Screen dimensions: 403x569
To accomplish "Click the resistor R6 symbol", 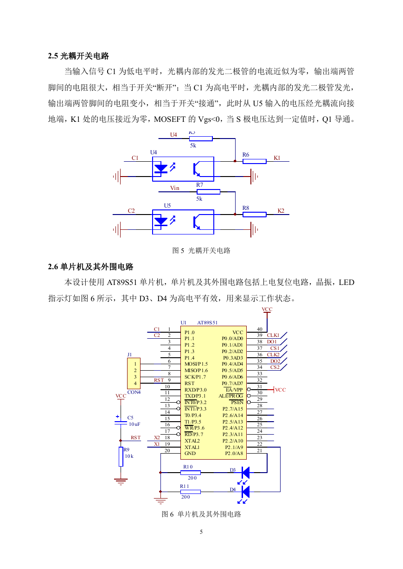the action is [254, 161].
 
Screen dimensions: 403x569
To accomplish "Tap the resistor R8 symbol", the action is [254, 215].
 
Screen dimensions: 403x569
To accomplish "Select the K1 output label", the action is [277, 158].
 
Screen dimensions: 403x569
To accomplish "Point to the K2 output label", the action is [281, 210].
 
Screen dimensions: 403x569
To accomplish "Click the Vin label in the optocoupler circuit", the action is [175, 188].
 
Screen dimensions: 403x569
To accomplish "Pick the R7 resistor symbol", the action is [208, 192].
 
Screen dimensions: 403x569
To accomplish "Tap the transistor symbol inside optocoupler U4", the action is [197, 169].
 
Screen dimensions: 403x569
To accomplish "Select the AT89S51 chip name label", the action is [207, 322].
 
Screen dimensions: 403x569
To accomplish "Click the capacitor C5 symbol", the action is [121, 423].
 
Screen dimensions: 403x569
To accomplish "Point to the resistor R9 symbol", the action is [121, 456].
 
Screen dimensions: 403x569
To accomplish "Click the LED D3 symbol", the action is [245, 473].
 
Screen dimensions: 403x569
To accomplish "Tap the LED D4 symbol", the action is [245, 492].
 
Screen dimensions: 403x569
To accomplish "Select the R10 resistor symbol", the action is [191, 473].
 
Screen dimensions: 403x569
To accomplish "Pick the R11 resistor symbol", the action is [191, 492].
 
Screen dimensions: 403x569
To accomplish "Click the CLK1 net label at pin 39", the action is [273, 335].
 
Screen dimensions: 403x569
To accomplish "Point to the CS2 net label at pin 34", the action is [275, 367].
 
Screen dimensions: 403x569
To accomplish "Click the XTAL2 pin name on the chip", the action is [192, 441].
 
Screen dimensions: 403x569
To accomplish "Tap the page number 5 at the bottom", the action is [201, 531].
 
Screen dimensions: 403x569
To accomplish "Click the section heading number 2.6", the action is [53, 267].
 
